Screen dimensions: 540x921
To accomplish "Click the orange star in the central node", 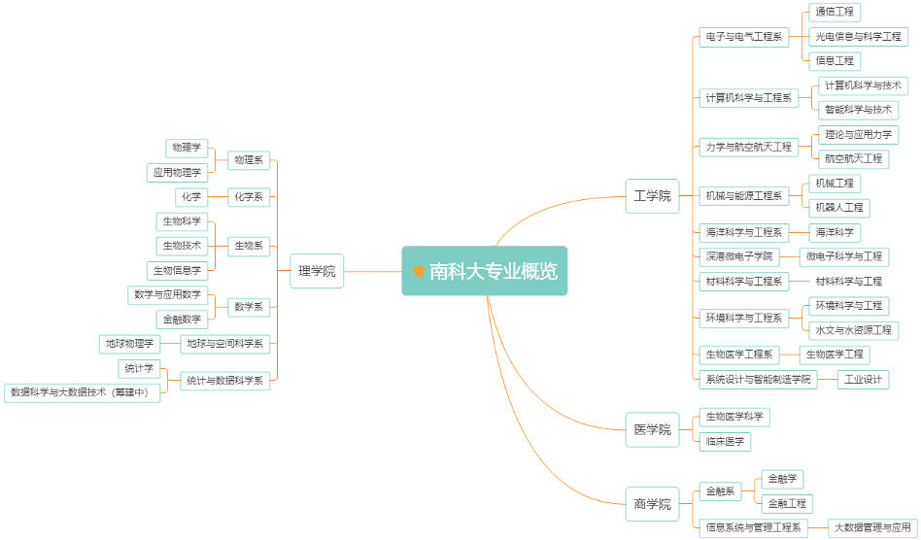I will tap(419, 271).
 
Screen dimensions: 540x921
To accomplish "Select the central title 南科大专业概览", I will tap(494, 271).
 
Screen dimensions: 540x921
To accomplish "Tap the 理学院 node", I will tap(317, 271).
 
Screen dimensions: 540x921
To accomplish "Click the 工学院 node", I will tap(652, 195).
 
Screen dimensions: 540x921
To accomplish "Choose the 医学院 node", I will tap(652, 429).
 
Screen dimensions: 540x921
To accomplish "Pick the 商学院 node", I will tap(652, 503).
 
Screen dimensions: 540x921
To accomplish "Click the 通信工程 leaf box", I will tap(835, 13).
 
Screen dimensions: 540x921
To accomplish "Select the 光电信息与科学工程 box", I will tap(858, 37).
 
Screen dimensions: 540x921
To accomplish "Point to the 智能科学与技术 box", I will tap(858, 110).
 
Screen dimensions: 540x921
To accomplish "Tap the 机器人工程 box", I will tap(838, 207).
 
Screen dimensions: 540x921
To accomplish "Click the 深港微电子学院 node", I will tap(739, 256).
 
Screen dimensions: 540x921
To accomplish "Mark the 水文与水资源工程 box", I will tap(853, 330).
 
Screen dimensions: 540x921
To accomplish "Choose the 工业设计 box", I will tap(863, 379).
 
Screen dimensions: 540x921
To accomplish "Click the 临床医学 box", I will tap(725, 442).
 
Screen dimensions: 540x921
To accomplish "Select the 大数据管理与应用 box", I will tap(872, 528).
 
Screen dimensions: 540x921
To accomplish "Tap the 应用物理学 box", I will tap(177, 172).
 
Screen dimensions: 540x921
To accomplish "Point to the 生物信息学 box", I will tap(177, 270).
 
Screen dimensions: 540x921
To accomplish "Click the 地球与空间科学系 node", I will tap(225, 344).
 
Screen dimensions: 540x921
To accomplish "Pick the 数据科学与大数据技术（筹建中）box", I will tap(83, 392).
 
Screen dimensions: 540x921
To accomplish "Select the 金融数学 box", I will tap(182, 319).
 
